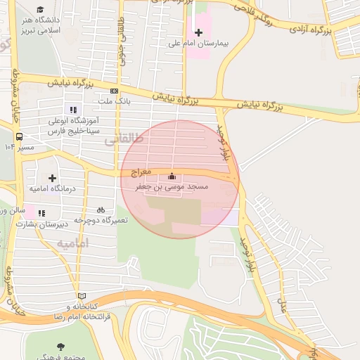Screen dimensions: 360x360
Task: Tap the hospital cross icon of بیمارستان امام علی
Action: pyautogui.click(x=199, y=32)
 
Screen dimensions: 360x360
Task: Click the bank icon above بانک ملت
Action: pyautogui.click(x=114, y=91)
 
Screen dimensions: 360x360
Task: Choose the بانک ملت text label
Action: pyautogui.click(x=113, y=102)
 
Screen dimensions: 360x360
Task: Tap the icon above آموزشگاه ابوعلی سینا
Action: pyautogui.click(x=72, y=109)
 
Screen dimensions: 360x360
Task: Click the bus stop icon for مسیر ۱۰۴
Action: pyautogui.click(x=19, y=136)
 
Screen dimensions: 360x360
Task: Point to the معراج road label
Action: pyautogui.click(x=141, y=172)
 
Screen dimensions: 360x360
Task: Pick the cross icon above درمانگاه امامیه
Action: pyautogui.click(x=52, y=178)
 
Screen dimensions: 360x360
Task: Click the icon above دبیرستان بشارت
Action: pyautogui.click(x=41, y=213)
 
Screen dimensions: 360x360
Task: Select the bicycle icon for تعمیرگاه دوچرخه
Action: pyautogui.click(x=101, y=210)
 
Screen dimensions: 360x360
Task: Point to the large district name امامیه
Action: pyautogui.click(x=72, y=243)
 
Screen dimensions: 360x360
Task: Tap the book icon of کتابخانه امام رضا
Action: pyautogui.click(x=82, y=296)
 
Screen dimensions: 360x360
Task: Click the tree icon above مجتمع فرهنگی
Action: pyautogui.click(x=60, y=346)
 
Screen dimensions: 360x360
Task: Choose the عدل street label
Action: pyautogui.click(x=284, y=305)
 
